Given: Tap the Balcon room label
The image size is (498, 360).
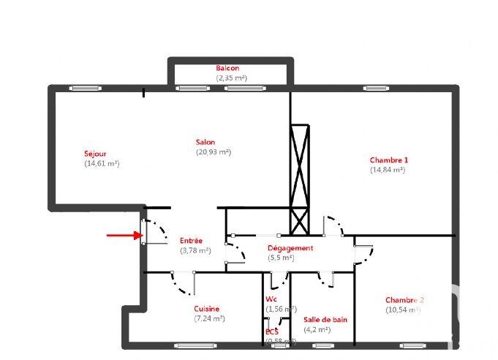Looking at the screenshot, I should pyautogui.click(x=227, y=68).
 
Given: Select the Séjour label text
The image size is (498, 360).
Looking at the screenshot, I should pyautogui.click(x=96, y=154).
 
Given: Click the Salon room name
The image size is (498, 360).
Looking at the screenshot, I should pyautogui.click(x=205, y=142).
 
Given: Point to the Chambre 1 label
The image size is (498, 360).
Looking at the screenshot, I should pyautogui.click(x=388, y=160).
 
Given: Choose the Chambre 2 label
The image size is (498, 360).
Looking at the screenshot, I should pyautogui.click(x=404, y=300).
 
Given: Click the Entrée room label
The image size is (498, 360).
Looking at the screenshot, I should pyautogui.click(x=191, y=241).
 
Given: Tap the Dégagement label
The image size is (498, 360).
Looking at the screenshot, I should pyautogui.click(x=290, y=248).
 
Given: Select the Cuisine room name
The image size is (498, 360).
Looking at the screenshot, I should pyautogui.click(x=206, y=309).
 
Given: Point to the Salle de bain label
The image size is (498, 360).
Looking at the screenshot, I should pyautogui.click(x=325, y=320).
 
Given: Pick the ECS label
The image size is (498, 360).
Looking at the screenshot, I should pyautogui.click(x=272, y=331).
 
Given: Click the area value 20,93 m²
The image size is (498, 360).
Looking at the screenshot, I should pyautogui.click(x=213, y=152).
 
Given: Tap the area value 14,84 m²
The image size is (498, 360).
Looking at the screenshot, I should pyautogui.click(x=388, y=170).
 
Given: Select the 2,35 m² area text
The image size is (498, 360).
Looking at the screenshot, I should pyautogui.click(x=230, y=78).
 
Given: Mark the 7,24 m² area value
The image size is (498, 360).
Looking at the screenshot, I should pyautogui.click(x=209, y=318).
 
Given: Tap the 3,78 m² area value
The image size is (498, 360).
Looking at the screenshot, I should pyautogui.click(x=195, y=250).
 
